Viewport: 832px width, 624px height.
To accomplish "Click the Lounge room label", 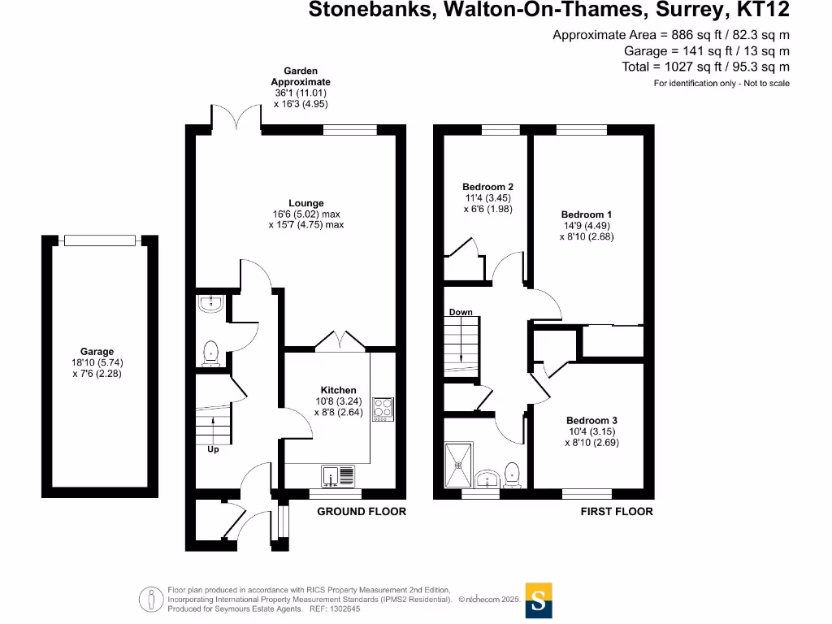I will tap(305, 203).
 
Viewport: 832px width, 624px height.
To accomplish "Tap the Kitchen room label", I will tap(338, 391).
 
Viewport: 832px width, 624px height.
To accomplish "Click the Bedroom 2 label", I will tap(487, 187).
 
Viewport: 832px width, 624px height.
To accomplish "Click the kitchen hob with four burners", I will tap(383, 409).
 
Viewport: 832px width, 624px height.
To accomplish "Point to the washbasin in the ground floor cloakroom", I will tap(211, 305).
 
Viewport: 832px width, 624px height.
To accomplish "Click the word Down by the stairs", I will tap(461, 313).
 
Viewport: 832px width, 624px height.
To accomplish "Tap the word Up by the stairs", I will tap(213, 449).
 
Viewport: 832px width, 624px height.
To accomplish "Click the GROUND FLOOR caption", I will tap(361, 512).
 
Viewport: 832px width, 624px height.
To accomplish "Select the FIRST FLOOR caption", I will tap(617, 512).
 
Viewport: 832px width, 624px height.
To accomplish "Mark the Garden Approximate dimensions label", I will tap(301, 88).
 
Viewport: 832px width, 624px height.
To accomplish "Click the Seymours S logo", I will tap(539, 600).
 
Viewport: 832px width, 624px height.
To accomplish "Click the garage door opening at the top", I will tap(99, 240).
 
